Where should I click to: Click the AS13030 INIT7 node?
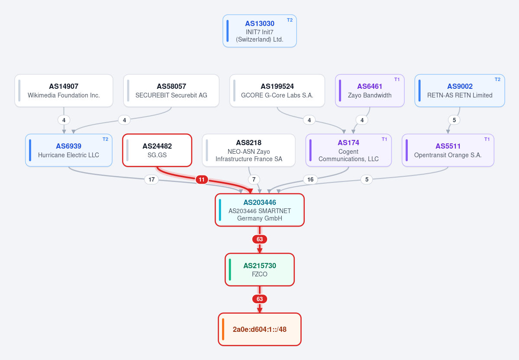260,31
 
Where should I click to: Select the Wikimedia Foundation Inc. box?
64,91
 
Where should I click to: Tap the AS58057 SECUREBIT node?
171,91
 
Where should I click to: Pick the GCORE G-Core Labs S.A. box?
277,91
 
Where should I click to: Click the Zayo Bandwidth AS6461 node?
370,91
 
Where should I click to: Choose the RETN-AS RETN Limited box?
460,91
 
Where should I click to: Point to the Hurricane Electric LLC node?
69,150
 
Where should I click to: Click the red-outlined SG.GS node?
157,150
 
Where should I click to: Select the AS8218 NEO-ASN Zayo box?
248,150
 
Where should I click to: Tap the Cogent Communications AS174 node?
348,150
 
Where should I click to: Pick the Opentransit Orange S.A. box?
448,150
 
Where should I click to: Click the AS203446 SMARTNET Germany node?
260,210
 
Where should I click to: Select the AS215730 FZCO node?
260,269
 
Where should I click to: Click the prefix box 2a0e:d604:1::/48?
260,329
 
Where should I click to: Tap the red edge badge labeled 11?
202,179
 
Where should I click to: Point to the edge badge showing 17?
151,179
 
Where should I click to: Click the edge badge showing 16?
310,179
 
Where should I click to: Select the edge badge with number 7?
254,179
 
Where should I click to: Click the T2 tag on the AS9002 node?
497,79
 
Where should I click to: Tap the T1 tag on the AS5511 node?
487,139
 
